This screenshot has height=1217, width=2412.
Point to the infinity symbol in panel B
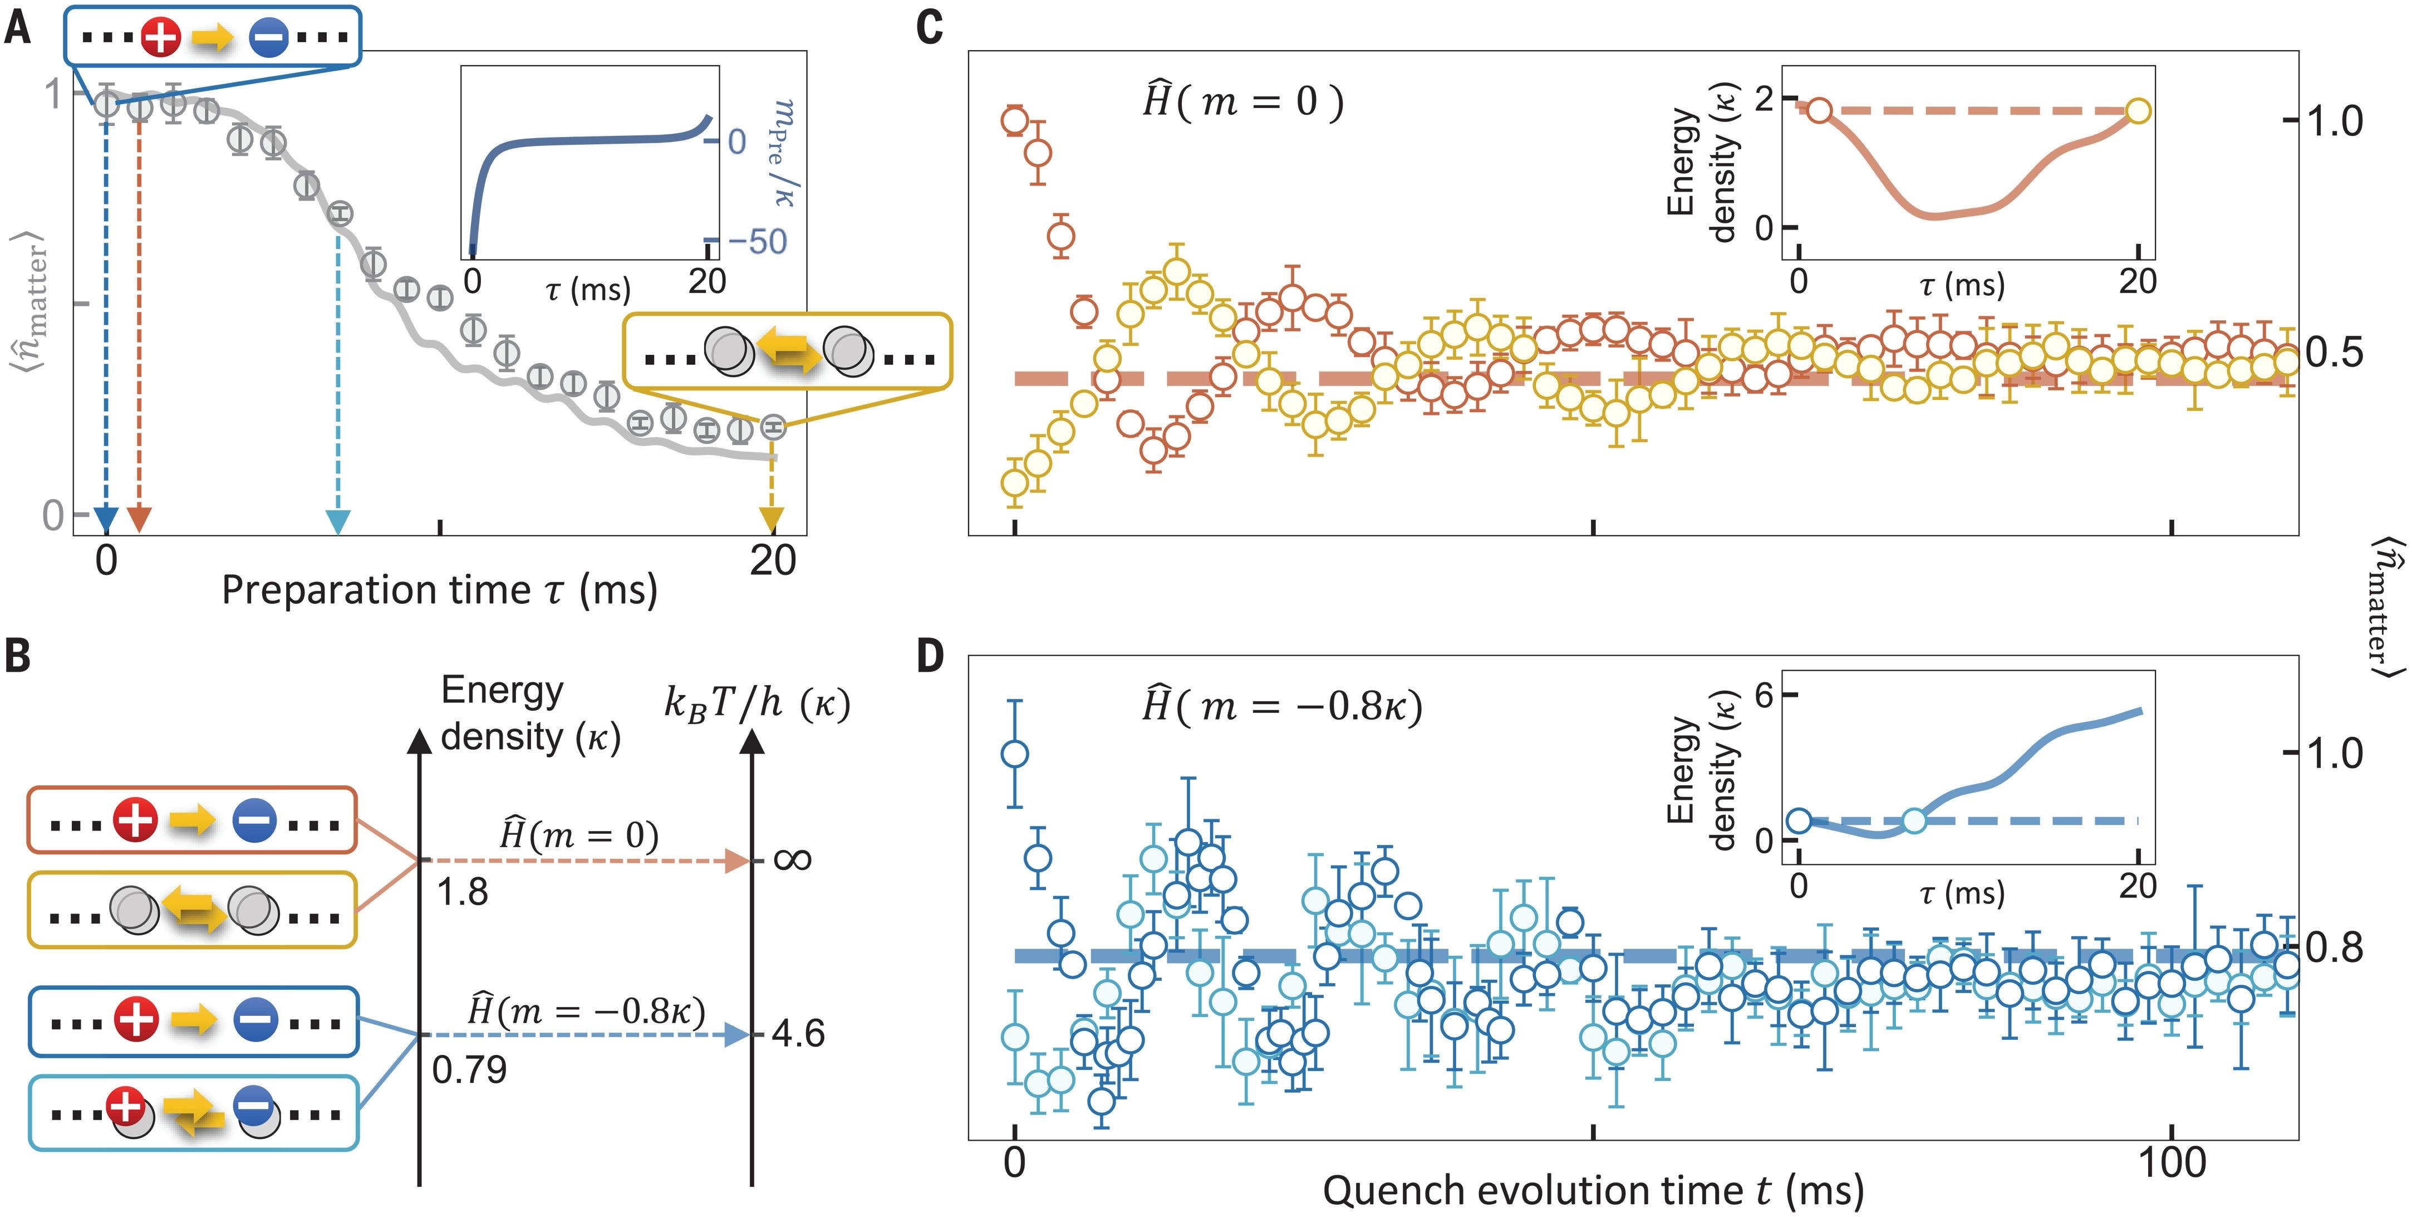[792, 859]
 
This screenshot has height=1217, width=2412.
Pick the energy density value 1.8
[463, 892]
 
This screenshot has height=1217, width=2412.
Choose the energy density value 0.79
[469, 1069]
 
